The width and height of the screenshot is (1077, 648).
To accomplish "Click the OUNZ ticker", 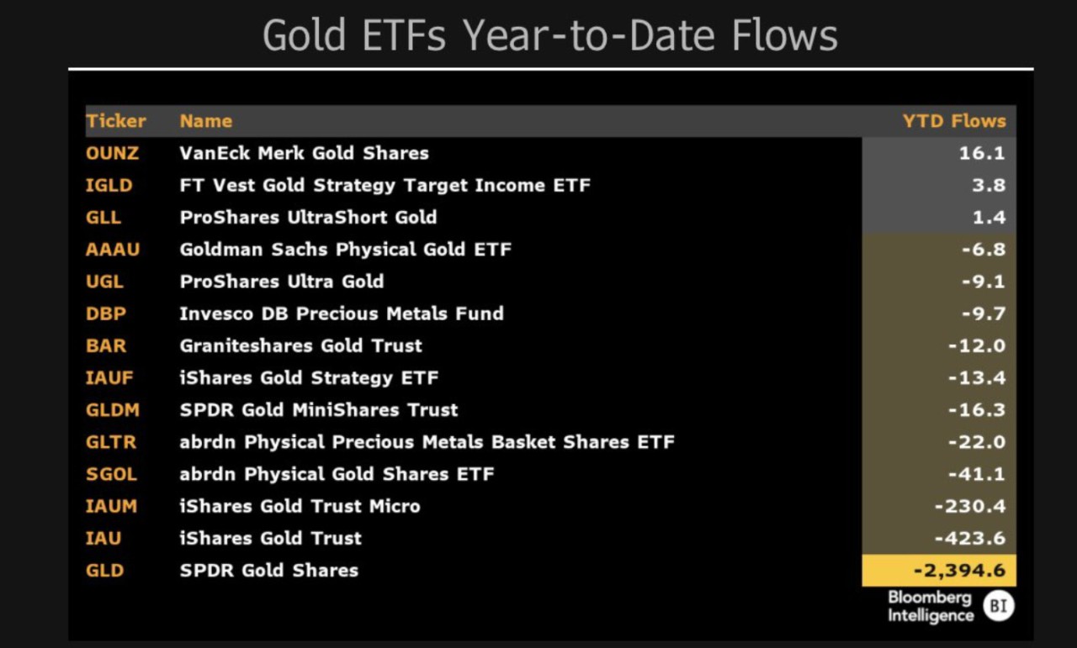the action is coord(112,153).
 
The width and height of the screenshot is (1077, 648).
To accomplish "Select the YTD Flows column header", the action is coord(954,121).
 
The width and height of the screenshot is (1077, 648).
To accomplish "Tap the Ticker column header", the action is coord(115,121).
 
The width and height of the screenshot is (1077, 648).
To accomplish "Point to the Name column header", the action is coord(206,121).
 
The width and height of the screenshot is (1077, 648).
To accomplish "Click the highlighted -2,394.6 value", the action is coord(959,571).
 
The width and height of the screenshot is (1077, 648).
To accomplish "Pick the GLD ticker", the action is coord(105,571).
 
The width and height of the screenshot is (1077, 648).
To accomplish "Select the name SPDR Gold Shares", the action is coord(268,571).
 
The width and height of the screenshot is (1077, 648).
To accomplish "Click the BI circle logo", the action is coord(999,606).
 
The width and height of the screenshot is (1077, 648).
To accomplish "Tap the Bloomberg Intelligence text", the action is coord(931,607).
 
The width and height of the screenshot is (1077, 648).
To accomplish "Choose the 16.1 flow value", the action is coord(982,153).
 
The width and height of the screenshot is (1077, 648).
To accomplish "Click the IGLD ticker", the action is coord(109,186).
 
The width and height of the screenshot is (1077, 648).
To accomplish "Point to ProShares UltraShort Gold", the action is coord(308,218).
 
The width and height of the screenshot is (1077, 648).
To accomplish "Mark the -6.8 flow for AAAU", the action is coord(984,250).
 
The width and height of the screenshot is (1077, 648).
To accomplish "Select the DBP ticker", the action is coord(106,313).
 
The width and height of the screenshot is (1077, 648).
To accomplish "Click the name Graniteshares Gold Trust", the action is coord(301,346).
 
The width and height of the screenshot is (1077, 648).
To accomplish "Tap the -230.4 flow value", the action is coord(970,506).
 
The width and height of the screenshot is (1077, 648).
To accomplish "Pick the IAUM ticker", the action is coord(111,506).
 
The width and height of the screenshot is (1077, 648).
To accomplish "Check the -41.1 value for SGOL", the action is coord(977,474).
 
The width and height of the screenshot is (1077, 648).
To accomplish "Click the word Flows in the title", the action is coord(785,35).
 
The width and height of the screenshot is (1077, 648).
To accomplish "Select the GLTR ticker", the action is coord(110,442).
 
